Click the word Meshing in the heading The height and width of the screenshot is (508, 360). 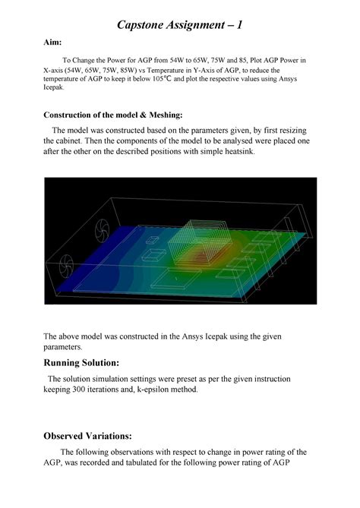tap(160, 115)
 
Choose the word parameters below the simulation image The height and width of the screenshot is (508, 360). tap(65, 347)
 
